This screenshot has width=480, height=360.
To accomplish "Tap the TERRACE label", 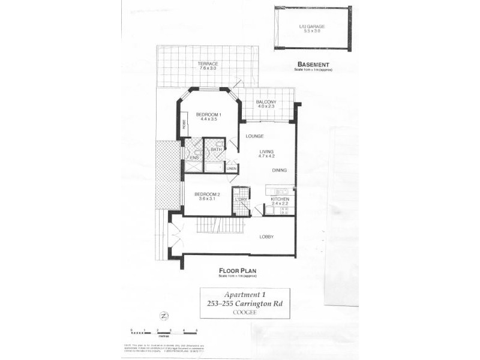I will pyautogui.click(x=208, y=64).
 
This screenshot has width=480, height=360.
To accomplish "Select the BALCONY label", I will pyautogui.click(x=266, y=102).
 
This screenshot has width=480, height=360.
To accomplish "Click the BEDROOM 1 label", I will pyautogui.click(x=209, y=115).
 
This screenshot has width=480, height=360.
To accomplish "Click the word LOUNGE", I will pyautogui.click(x=254, y=136).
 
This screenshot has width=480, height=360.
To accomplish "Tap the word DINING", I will pyautogui.click(x=280, y=170).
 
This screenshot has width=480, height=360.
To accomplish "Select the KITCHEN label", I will pyautogui.click(x=280, y=199).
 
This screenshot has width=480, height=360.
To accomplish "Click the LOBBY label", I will pyautogui.click(x=266, y=236).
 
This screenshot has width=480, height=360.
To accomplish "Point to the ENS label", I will pyautogui.click(x=194, y=158).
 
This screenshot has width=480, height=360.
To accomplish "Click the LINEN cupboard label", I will pyautogui.click(x=232, y=169).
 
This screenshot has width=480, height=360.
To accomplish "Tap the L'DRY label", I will pyautogui.click(x=241, y=199).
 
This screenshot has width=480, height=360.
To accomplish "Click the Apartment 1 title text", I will pyautogui.click(x=244, y=295).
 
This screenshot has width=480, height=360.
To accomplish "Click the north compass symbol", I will pyautogui.click(x=163, y=315).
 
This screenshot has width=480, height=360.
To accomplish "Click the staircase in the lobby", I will pyautogui.click(x=220, y=226).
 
